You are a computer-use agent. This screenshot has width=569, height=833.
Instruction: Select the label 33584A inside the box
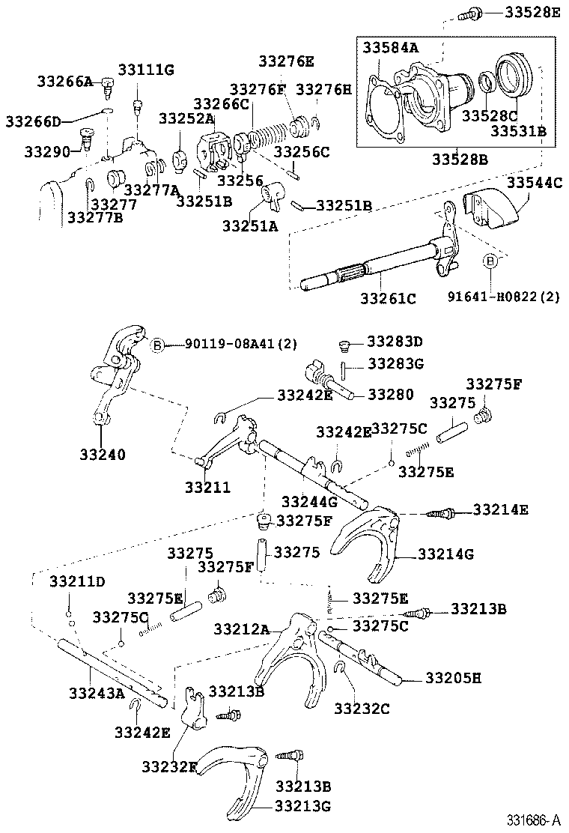point(390,47)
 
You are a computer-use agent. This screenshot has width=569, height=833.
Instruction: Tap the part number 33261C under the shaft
point(389,297)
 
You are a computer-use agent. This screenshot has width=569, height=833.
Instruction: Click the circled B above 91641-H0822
point(490,261)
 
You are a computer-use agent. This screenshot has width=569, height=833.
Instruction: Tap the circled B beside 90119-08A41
point(157,345)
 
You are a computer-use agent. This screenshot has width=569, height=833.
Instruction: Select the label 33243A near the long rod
point(97,692)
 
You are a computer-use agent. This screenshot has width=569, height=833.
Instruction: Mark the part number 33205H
point(453,678)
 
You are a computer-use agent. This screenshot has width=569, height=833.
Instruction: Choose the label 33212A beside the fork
point(241,628)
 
